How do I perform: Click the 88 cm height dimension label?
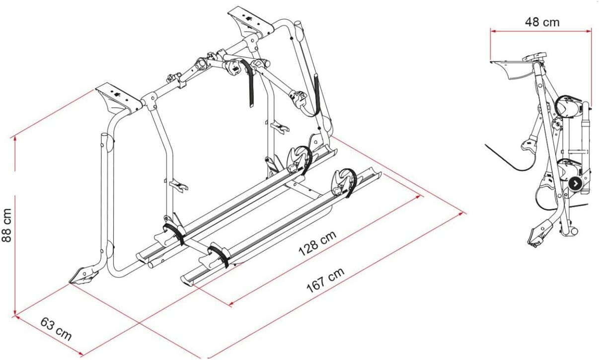click(x=6, y=225)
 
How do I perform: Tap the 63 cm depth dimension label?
click(x=56, y=329)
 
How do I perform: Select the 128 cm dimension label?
click(x=317, y=243)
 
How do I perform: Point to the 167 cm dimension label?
click(x=325, y=280)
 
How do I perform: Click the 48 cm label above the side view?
click(x=542, y=22)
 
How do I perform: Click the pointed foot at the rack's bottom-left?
click(x=83, y=275)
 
